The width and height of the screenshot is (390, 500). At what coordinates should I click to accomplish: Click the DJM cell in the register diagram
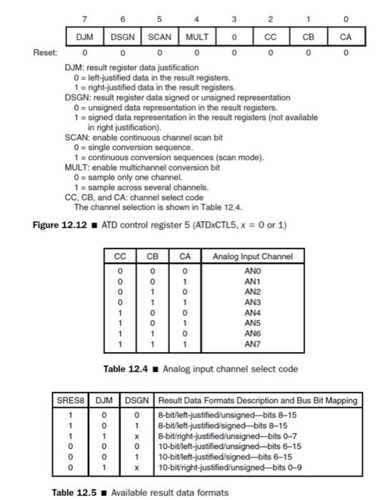coord(86,35)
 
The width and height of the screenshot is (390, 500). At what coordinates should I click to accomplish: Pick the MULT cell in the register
coord(196,35)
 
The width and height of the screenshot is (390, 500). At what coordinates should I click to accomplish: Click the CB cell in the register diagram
coord(309,35)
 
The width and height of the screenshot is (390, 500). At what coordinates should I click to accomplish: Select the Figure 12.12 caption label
coord(54,226)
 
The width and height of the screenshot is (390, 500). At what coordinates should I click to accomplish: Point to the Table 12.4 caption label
coord(131,369)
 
